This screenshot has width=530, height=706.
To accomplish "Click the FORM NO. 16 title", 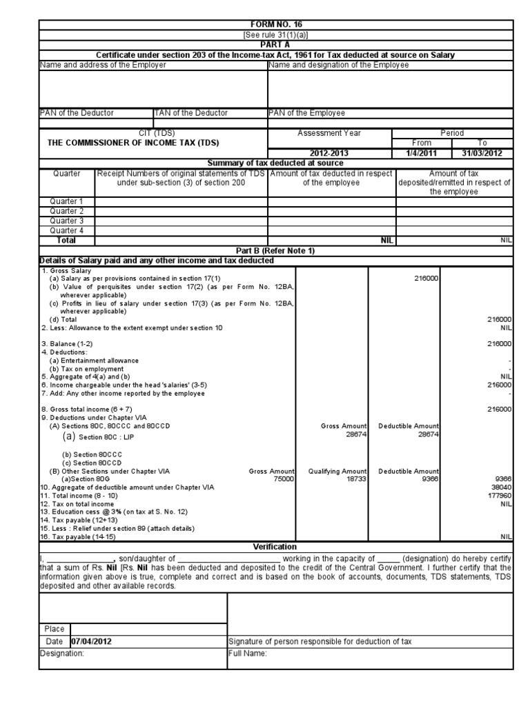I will point(275,24).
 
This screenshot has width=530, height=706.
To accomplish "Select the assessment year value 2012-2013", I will point(329,152).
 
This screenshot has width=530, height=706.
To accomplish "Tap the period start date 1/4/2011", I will point(421,152).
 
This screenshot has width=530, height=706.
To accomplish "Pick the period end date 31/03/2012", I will point(482,152).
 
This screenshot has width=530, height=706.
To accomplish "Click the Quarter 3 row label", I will point(67,221).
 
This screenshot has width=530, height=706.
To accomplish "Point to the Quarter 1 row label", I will point(67,201).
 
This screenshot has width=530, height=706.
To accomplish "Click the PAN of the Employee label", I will point(306,113).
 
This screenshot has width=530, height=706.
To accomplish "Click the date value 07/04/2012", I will point(92,641).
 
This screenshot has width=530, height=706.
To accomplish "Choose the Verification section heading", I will point(275,546).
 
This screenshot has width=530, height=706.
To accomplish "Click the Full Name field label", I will point(247,654).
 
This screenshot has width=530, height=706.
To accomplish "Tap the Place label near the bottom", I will point(54,629).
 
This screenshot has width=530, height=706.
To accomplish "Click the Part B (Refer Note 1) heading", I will point(275,250).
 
